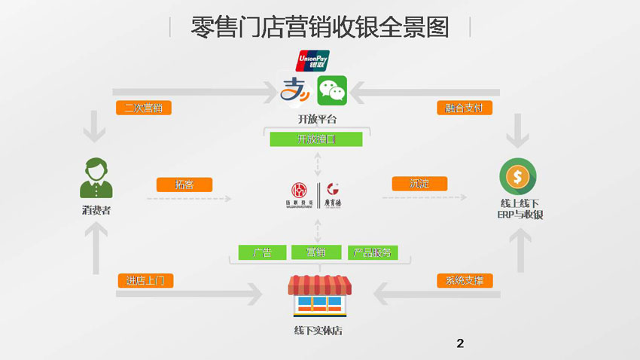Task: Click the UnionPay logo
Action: pyautogui.click(x=312, y=60)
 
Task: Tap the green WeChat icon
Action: pyautogui.click(x=331, y=90)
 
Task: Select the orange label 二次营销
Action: pyautogui.click(x=144, y=108)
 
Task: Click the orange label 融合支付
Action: pyautogui.click(x=465, y=108)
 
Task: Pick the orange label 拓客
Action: pyautogui.click(x=184, y=184)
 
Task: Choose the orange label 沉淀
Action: pyautogui.click(x=419, y=183)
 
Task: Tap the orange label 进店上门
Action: pyautogui.click(x=146, y=280)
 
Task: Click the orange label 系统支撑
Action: pyautogui.click(x=465, y=281)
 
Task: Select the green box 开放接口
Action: pyautogui.click(x=316, y=139)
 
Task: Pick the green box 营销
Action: pyautogui.click(x=316, y=252)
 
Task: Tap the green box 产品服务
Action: pyautogui.click(x=372, y=252)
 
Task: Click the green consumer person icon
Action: pyautogui.click(x=96, y=178)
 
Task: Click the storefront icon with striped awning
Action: pyautogui.click(x=319, y=295)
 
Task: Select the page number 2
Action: pyautogui.click(x=460, y=344)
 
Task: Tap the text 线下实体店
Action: pyautogui.click(x=319, y=331)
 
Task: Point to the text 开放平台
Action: pyautogui.click(x=317, y=120)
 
